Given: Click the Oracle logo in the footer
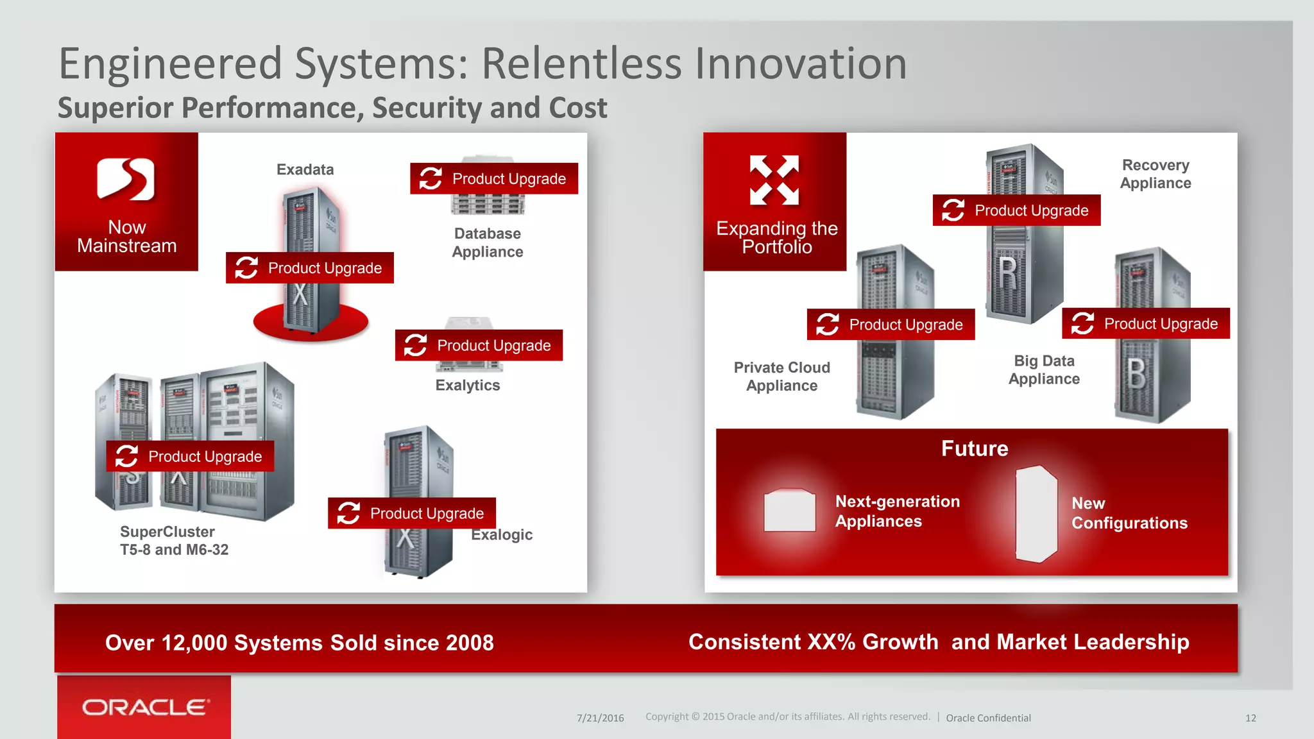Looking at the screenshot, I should click(x=145, y=707).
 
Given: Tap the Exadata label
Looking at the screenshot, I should click(x=305, y=169).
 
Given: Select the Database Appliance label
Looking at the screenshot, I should click(x=487, y=242).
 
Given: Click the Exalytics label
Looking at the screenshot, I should click(x=467, y=385).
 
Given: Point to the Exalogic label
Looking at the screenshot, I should click(x=502, y=534).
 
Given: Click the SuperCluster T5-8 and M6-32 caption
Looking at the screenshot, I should click(x=174, y=540).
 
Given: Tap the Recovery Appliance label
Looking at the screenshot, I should click(x=1155, y=174).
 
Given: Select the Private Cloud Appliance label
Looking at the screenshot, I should click(x=781, y=377).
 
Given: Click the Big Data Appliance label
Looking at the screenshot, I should click(x=1044, y=369).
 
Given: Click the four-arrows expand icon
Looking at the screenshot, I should click(x=774, y=180).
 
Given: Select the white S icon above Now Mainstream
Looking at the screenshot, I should click(x=126, y=179).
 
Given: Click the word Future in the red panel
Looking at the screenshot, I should click(x=974, y=448).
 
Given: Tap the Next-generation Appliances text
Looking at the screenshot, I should click(x=897, y=511).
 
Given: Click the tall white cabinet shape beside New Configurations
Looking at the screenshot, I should click(x=1036, y=514).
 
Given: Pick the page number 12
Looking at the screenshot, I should click(x=1250, y=718).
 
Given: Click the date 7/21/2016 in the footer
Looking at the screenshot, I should click(x=600, y=718).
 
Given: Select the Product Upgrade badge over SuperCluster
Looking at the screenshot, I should click(x=190, y=456).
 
